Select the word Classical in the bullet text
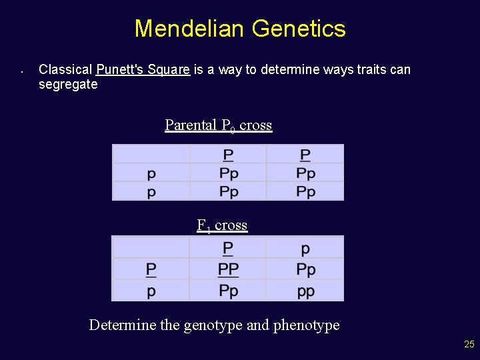point(65,69)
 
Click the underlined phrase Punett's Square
point(143,69)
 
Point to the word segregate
point(68,85)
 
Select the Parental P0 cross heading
point(218,125)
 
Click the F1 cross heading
point(222,225)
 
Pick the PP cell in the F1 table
point(228,270)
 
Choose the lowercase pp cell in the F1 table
point(305,291)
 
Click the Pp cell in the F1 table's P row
point(305,270)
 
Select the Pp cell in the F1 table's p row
point(228,291)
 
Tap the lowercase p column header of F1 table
point(305,249)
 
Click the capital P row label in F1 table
point(151,270)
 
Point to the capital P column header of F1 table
point(228,249)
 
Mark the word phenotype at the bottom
point(306,325)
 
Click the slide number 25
point(469,345)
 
